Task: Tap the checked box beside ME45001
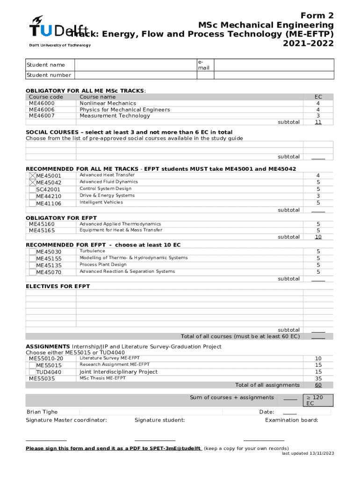pos(32,176)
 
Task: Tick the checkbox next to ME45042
pos(32,182)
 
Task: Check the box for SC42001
pos(32,189)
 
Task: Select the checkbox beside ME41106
pos(32,203)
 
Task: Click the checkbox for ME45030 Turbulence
pos(32,252)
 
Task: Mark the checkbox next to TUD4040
pos(32,372)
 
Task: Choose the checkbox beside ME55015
pos(32,365)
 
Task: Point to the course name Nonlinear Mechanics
pos(108,103)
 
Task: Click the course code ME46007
pos(42,116)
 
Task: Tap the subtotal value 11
pos(318,122)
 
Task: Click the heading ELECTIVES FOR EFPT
pos(58,286)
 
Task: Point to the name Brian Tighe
pos(42,412)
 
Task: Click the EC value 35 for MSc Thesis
pos(318,378)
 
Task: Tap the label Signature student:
pos(159,420)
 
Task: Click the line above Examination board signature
pos(264,440)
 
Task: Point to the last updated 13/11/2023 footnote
pos(308,453)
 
